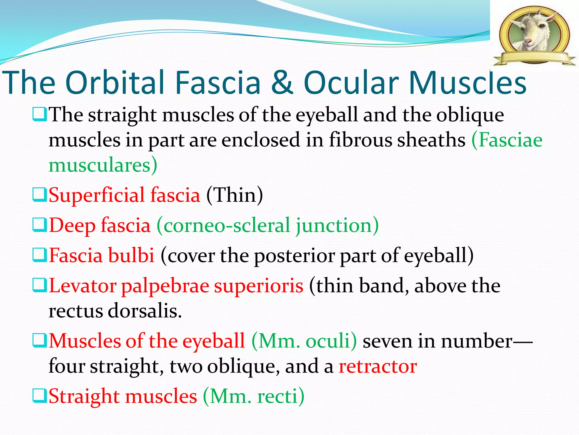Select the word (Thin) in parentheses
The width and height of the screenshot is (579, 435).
(234, 195)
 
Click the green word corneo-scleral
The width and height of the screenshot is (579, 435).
(223, 225)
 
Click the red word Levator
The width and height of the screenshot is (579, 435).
(83, 286)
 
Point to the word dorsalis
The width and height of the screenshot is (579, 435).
(144, 311)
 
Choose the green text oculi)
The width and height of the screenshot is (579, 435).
(331, 341)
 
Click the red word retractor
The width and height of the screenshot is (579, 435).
(378, 366)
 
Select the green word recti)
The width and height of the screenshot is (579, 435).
(280, 396)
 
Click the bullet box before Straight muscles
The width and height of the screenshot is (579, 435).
(39, 396)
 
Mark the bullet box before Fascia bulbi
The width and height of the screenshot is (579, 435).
(39, 255)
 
